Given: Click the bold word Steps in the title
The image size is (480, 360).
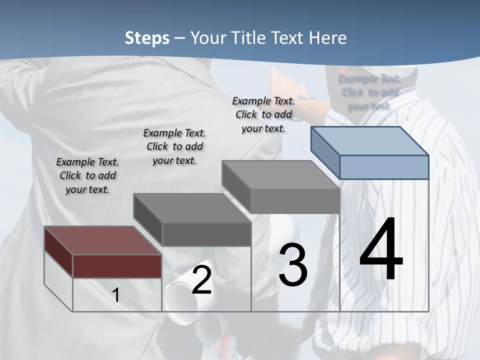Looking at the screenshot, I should [146, 38].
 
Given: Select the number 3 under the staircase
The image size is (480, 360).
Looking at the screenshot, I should [293, 265].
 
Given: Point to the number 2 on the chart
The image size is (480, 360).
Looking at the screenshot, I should [201, 280].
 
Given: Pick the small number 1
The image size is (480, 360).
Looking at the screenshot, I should [116, 295].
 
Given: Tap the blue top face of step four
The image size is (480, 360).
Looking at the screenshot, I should [370, 141].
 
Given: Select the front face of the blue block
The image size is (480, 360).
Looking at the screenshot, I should [384, 167].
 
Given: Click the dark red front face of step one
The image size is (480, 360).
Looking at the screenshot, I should [117, 266].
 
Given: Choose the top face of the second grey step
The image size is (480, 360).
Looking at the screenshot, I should [192, 207].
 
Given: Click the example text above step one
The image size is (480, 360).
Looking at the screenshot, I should [87, 175].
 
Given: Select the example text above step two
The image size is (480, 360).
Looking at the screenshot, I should [174, 146].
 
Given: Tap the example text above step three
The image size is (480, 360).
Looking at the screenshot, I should [263, 114].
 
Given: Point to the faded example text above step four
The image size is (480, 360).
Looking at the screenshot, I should [369, 92].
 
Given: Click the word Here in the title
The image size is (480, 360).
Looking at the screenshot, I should [328, 38].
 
